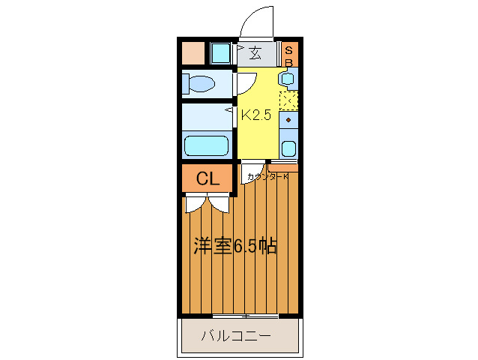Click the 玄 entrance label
tap(255, 53)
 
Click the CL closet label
tap(207, 178)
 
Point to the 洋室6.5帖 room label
tap(235, 246)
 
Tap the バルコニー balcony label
tap(236, 335)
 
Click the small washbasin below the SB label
tap(288, 77)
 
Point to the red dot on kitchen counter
tap(288, 119)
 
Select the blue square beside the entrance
tap(220, 53)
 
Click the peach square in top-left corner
tap(193, 53)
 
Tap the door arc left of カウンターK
tap(252, 171)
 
